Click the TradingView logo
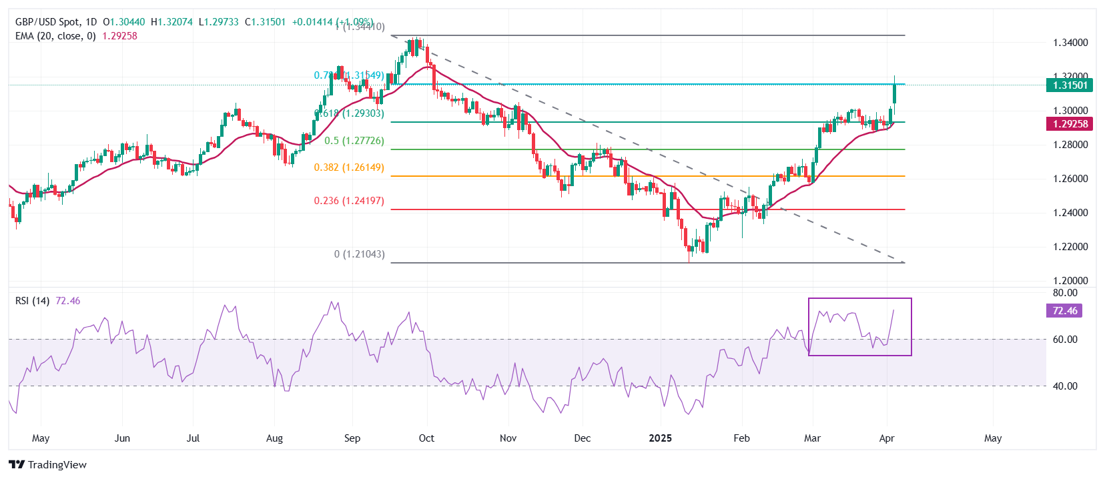(x=47, y=464)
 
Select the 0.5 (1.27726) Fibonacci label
(x=354, y=141)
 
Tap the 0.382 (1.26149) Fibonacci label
(x=349, y=167)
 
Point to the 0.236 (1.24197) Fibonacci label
(x=349, y=201)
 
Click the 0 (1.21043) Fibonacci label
(x=359, y=254)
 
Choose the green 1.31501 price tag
(x=1070, y=85)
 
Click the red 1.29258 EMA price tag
(x=1070, y=123)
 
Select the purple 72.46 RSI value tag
(x=1064, y=311)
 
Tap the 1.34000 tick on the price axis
(x=1070, y=43)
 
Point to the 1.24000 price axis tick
(x=1070, y=213)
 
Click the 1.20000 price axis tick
(x=1070, y=281)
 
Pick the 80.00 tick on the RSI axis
(x=1065, y=293)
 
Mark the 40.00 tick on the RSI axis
(x=1065, y=386)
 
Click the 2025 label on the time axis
(x=661, y=438)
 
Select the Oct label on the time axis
(x=426, y=438)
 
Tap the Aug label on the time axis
(x=274, y=438)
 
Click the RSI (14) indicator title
(x=32, y=301)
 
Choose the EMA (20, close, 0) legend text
(x=55, y=36)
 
